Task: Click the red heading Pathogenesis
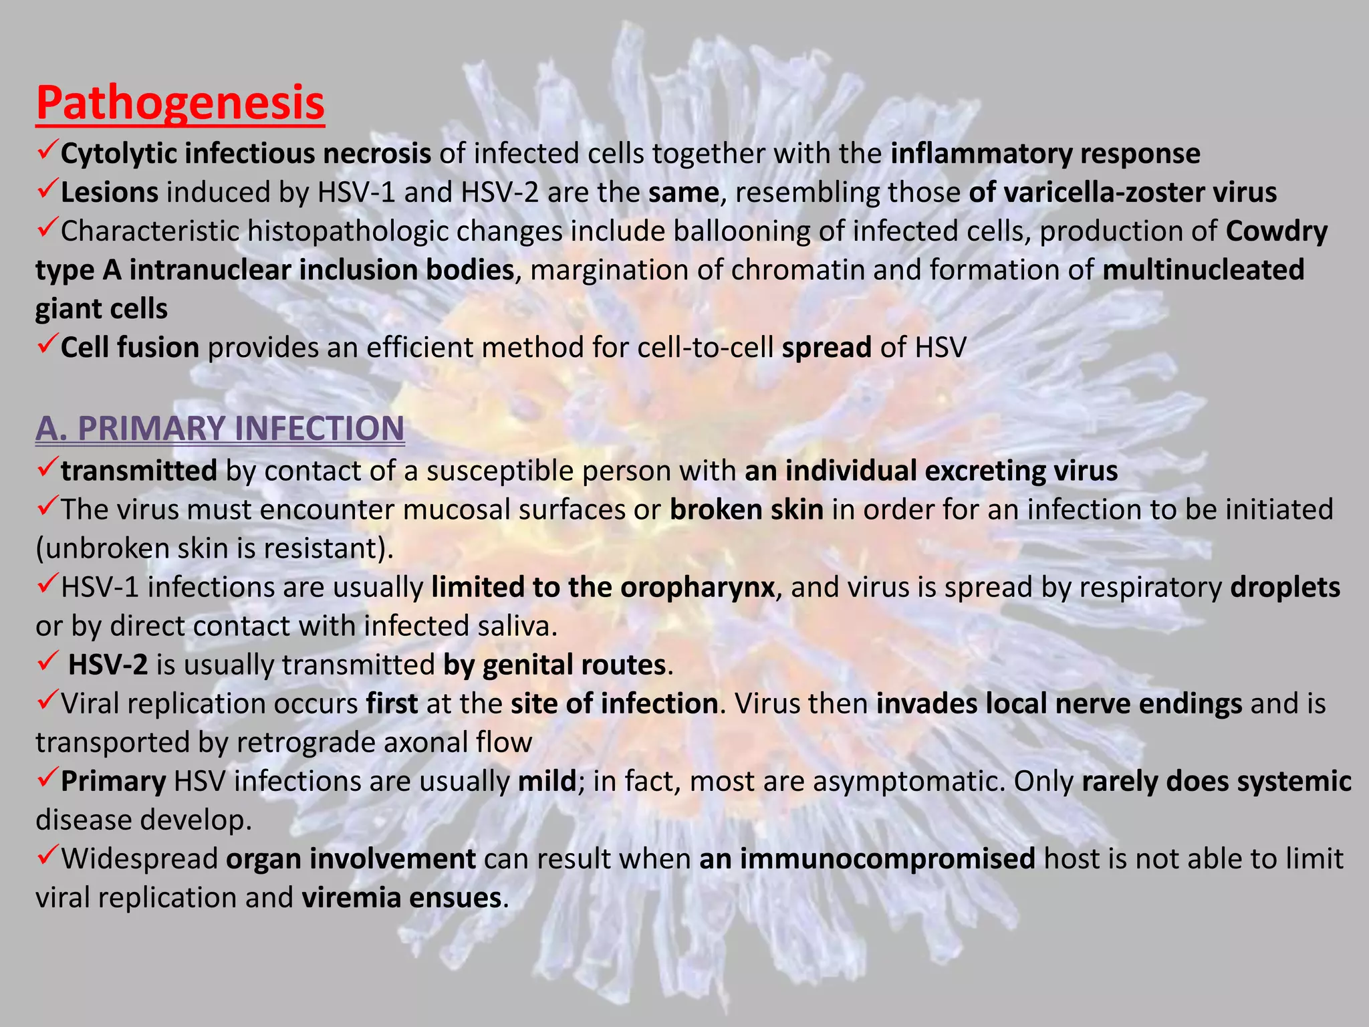(180, 103)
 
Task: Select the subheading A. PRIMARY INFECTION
(220, 428)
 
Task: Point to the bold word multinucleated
(1203, 270)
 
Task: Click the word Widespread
(140, 859)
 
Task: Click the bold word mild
(547, 781)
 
